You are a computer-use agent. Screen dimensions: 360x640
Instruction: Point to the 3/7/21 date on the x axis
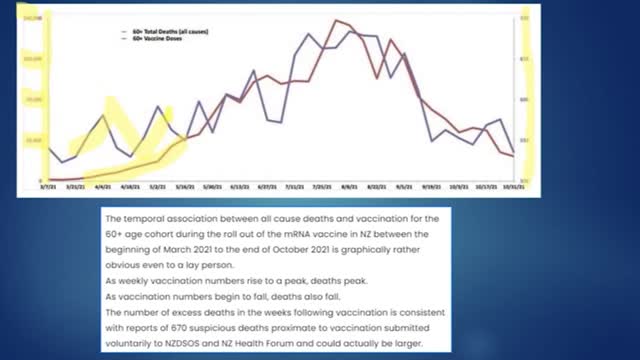click(x=47, y=186)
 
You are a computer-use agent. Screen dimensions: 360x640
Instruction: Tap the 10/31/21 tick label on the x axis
click(x=514, y=186)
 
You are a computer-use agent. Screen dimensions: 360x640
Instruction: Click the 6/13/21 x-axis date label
click(x=239, y=186)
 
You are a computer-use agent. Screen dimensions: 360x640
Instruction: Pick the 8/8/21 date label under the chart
click(x=350, y=186)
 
